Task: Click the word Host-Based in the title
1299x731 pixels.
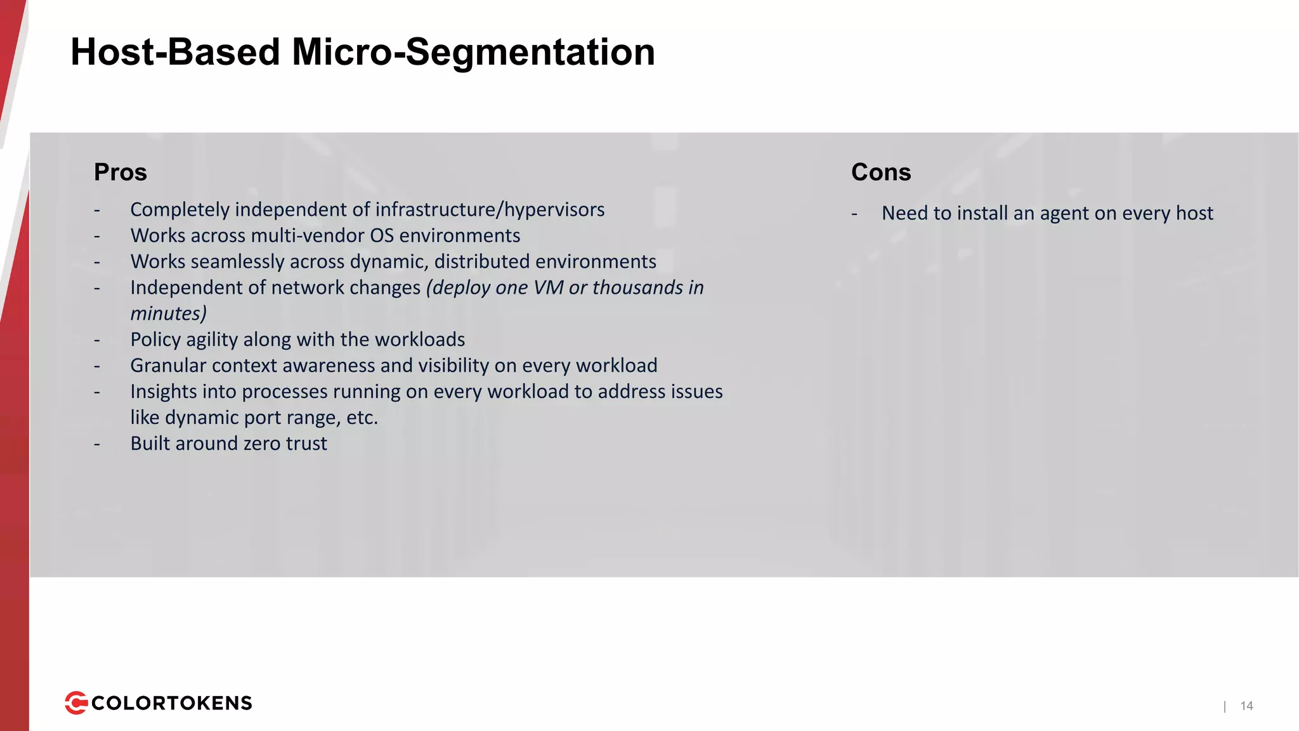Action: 174,52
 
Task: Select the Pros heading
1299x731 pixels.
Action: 121,172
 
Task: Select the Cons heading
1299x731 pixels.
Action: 881,172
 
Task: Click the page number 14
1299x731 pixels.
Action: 1246,706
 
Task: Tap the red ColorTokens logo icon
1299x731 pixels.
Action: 76,703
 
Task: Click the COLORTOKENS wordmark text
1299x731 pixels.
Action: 172,703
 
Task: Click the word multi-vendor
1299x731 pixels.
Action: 308,235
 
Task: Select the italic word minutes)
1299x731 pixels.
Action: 168,313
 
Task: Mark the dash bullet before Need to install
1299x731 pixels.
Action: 854,214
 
